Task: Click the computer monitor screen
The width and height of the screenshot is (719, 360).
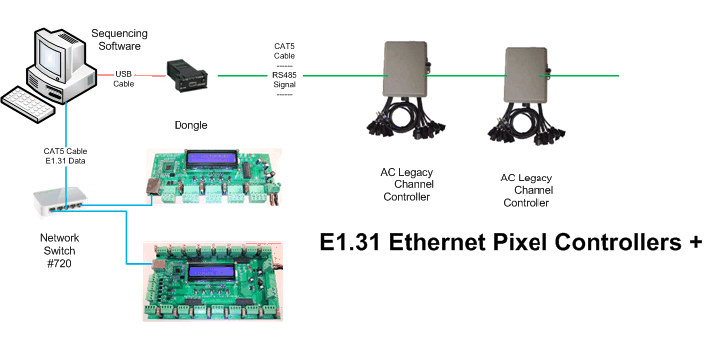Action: (51, 54)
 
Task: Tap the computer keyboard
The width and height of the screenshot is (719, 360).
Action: (29, 103)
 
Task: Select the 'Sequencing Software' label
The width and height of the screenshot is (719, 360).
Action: (119, 40)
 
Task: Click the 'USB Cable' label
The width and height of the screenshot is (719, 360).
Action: (124, 79)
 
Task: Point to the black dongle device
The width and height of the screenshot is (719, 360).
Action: (186, 76)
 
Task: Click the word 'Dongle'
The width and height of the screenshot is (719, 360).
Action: (190, 125)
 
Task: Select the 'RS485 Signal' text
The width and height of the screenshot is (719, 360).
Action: (284, 80)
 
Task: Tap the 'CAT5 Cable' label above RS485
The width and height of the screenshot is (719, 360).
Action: (284, 51)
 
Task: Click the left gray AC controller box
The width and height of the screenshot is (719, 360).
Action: (405, 69)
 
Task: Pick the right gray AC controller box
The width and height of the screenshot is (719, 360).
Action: (527, 75)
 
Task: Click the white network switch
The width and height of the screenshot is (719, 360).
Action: (59, 201)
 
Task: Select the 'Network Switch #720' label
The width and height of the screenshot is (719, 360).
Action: (59, 251)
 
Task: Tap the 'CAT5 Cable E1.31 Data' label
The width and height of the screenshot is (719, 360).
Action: (65, 156)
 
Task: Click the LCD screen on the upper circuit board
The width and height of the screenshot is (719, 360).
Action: (211, 159)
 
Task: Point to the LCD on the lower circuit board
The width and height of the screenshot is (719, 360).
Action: (211, 274)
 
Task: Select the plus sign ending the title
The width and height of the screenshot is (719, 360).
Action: (695, 242)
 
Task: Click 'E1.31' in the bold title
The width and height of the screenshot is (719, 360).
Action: (350, 242)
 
